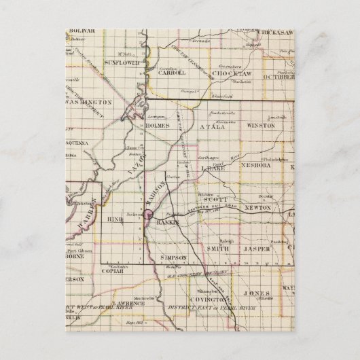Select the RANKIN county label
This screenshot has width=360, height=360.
click(x=166, y=222)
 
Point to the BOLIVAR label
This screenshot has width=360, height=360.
click(x=79, y=31)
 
